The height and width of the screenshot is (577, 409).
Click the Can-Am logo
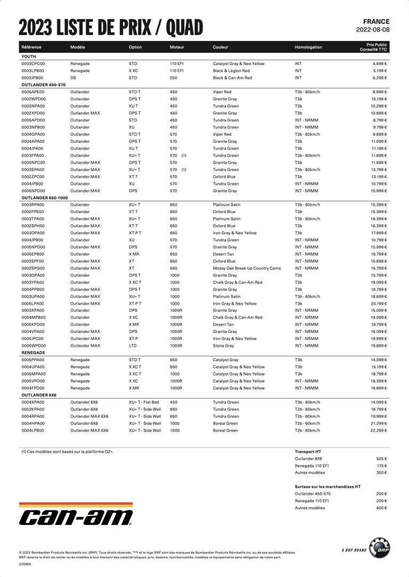(x=75, y=516)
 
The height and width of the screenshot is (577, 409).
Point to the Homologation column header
(x=308, y=47)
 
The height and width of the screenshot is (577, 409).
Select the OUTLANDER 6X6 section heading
(x=38, y=395)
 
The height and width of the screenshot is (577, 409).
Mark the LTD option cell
(x=133, y=346)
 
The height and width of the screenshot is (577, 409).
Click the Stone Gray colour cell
(x=223, y=346)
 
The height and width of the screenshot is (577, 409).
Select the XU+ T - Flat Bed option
(x=144, y=402)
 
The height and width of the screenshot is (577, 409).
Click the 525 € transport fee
(x=381, y=459)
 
